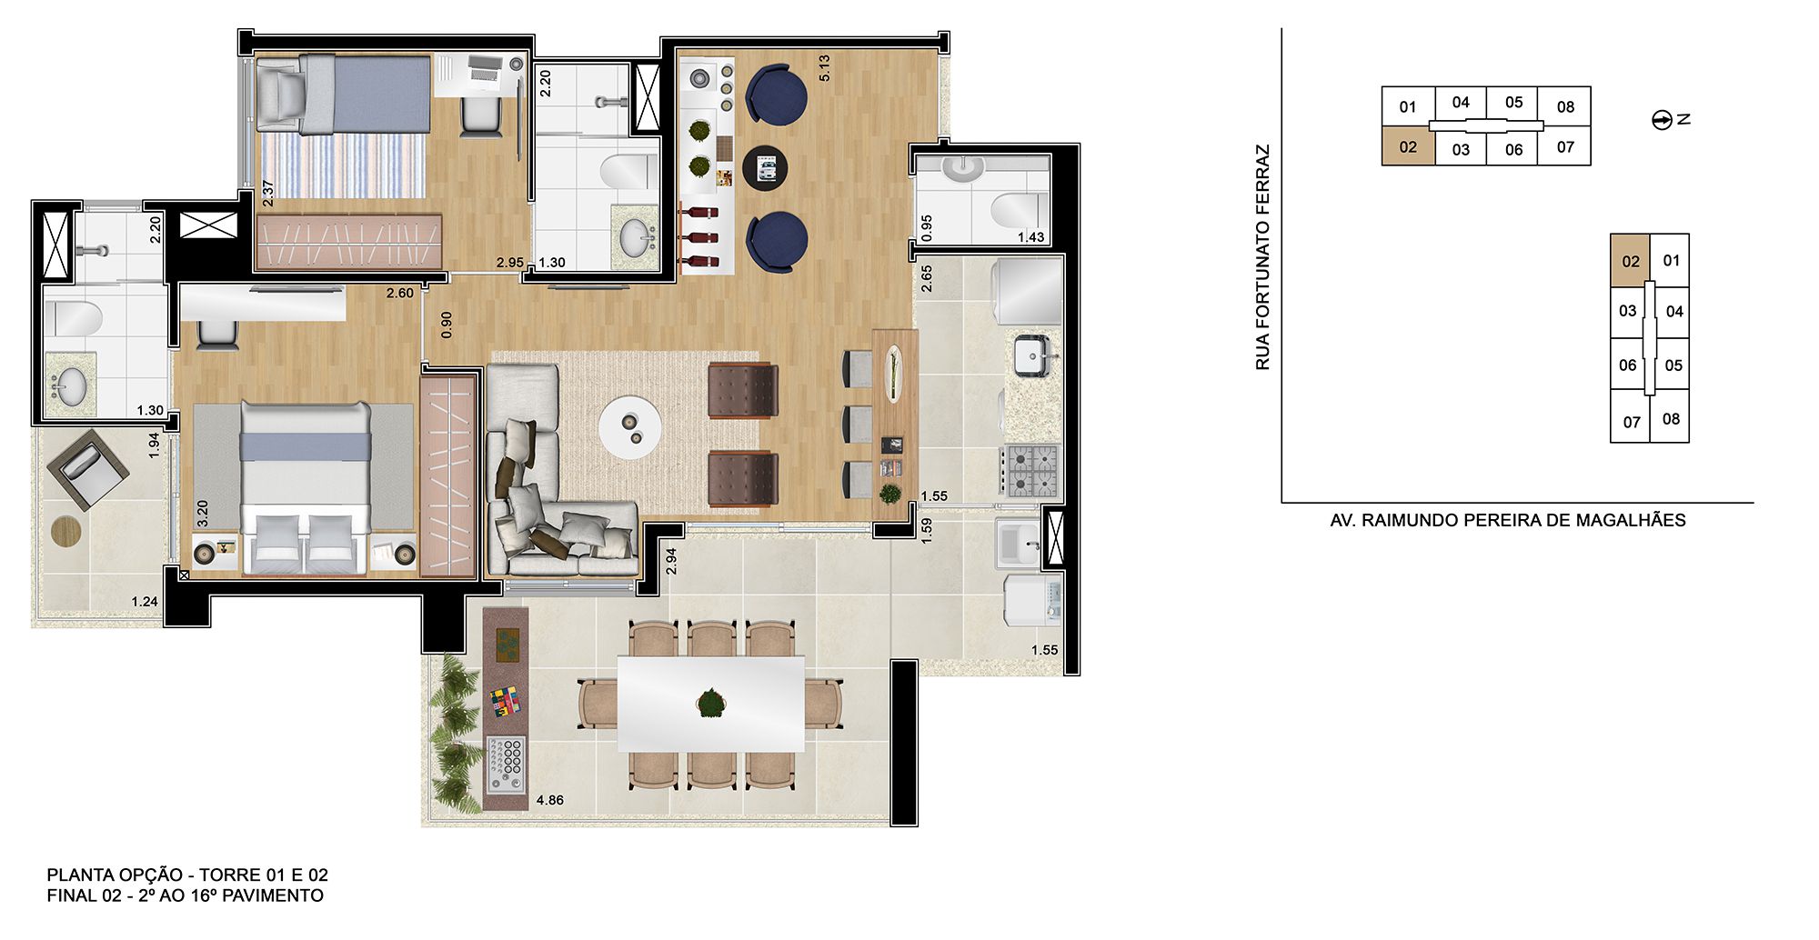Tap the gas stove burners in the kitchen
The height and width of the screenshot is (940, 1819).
coord(1032,470)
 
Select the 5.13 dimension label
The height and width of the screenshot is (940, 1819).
coord(824,68)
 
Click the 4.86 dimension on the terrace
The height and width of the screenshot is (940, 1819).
coord(549,800)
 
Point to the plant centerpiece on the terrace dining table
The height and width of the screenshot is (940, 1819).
coord(710,703)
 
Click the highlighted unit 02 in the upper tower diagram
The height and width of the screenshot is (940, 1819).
coord(1408,146)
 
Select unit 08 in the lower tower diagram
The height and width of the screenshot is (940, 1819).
coord(1671,419)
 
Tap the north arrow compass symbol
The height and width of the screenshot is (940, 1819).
coord(1663,120)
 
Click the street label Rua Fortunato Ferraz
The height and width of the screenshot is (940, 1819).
coord(1262,257)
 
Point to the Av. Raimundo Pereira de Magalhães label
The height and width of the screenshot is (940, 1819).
coord(1508,520)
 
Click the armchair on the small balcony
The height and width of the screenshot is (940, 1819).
coord(88,469)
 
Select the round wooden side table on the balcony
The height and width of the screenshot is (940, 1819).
coord(66,530)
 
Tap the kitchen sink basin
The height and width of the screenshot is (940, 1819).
coord(1032,355)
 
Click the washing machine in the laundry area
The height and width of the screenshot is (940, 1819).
coord(1032,599)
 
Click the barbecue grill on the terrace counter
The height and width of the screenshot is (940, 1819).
coord(506,762)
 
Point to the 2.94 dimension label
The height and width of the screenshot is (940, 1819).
coord(671,561)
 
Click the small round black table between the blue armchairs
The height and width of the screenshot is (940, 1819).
coord(765,167)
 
